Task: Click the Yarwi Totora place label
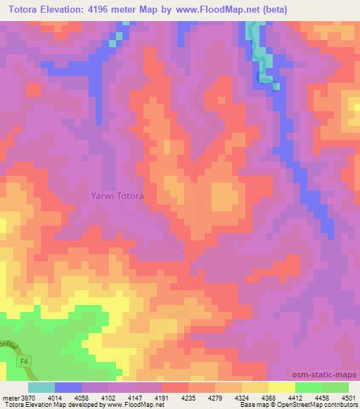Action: pos(117,196)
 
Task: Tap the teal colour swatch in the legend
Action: pos(41,387)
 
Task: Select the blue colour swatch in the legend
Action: pos(68,387)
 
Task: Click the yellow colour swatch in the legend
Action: pos(281,387)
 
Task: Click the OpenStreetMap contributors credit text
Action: pos(316,404)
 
